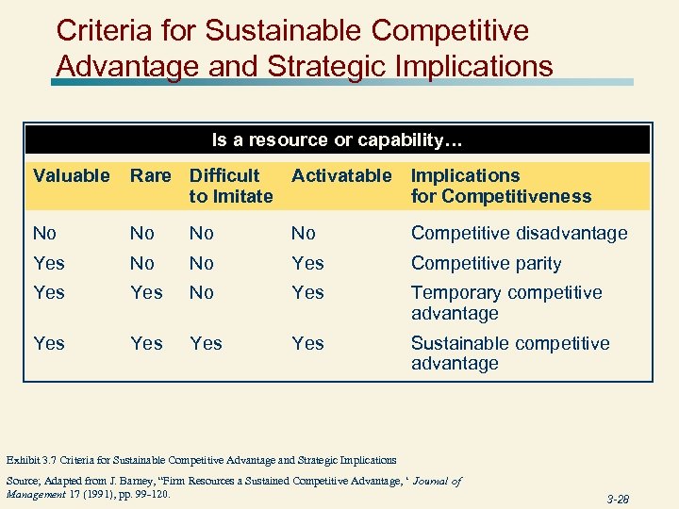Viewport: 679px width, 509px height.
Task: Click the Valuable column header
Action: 71,175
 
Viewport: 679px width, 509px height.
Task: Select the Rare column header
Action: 151,175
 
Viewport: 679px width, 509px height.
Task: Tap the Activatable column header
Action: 341,175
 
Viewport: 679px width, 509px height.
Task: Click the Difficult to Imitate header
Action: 231,186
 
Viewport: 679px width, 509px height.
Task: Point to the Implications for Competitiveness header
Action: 501,186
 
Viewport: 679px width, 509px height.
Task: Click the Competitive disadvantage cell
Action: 519,233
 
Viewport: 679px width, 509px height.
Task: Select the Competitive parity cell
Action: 486,263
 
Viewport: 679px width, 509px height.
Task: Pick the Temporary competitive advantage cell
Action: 505,303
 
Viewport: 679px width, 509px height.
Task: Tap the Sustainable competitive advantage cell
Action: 509,353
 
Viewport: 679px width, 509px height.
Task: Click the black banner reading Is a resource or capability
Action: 338,140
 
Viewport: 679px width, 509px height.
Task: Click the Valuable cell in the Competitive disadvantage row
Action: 43,233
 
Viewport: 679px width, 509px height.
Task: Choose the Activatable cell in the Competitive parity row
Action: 307,263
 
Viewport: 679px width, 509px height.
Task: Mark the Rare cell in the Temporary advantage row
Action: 146,292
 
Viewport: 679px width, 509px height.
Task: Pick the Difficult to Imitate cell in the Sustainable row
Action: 206,343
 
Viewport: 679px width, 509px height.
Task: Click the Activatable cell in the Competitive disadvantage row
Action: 304,233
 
